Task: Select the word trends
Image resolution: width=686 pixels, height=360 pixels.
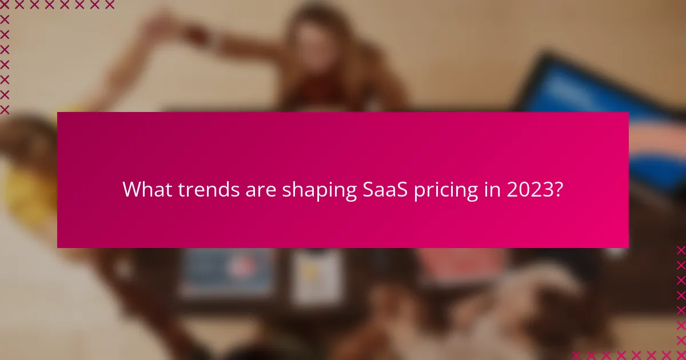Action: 199,190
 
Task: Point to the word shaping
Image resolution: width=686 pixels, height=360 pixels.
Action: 311,190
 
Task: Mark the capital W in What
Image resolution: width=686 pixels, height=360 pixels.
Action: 131,190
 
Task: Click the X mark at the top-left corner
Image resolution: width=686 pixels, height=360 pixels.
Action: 5,5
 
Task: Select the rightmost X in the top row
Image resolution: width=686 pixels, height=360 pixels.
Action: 109,5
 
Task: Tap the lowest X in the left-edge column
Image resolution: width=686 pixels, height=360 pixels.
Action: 5,109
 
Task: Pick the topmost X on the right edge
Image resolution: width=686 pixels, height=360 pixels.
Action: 680,250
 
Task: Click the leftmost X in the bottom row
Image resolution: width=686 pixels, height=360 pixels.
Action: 576,354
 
